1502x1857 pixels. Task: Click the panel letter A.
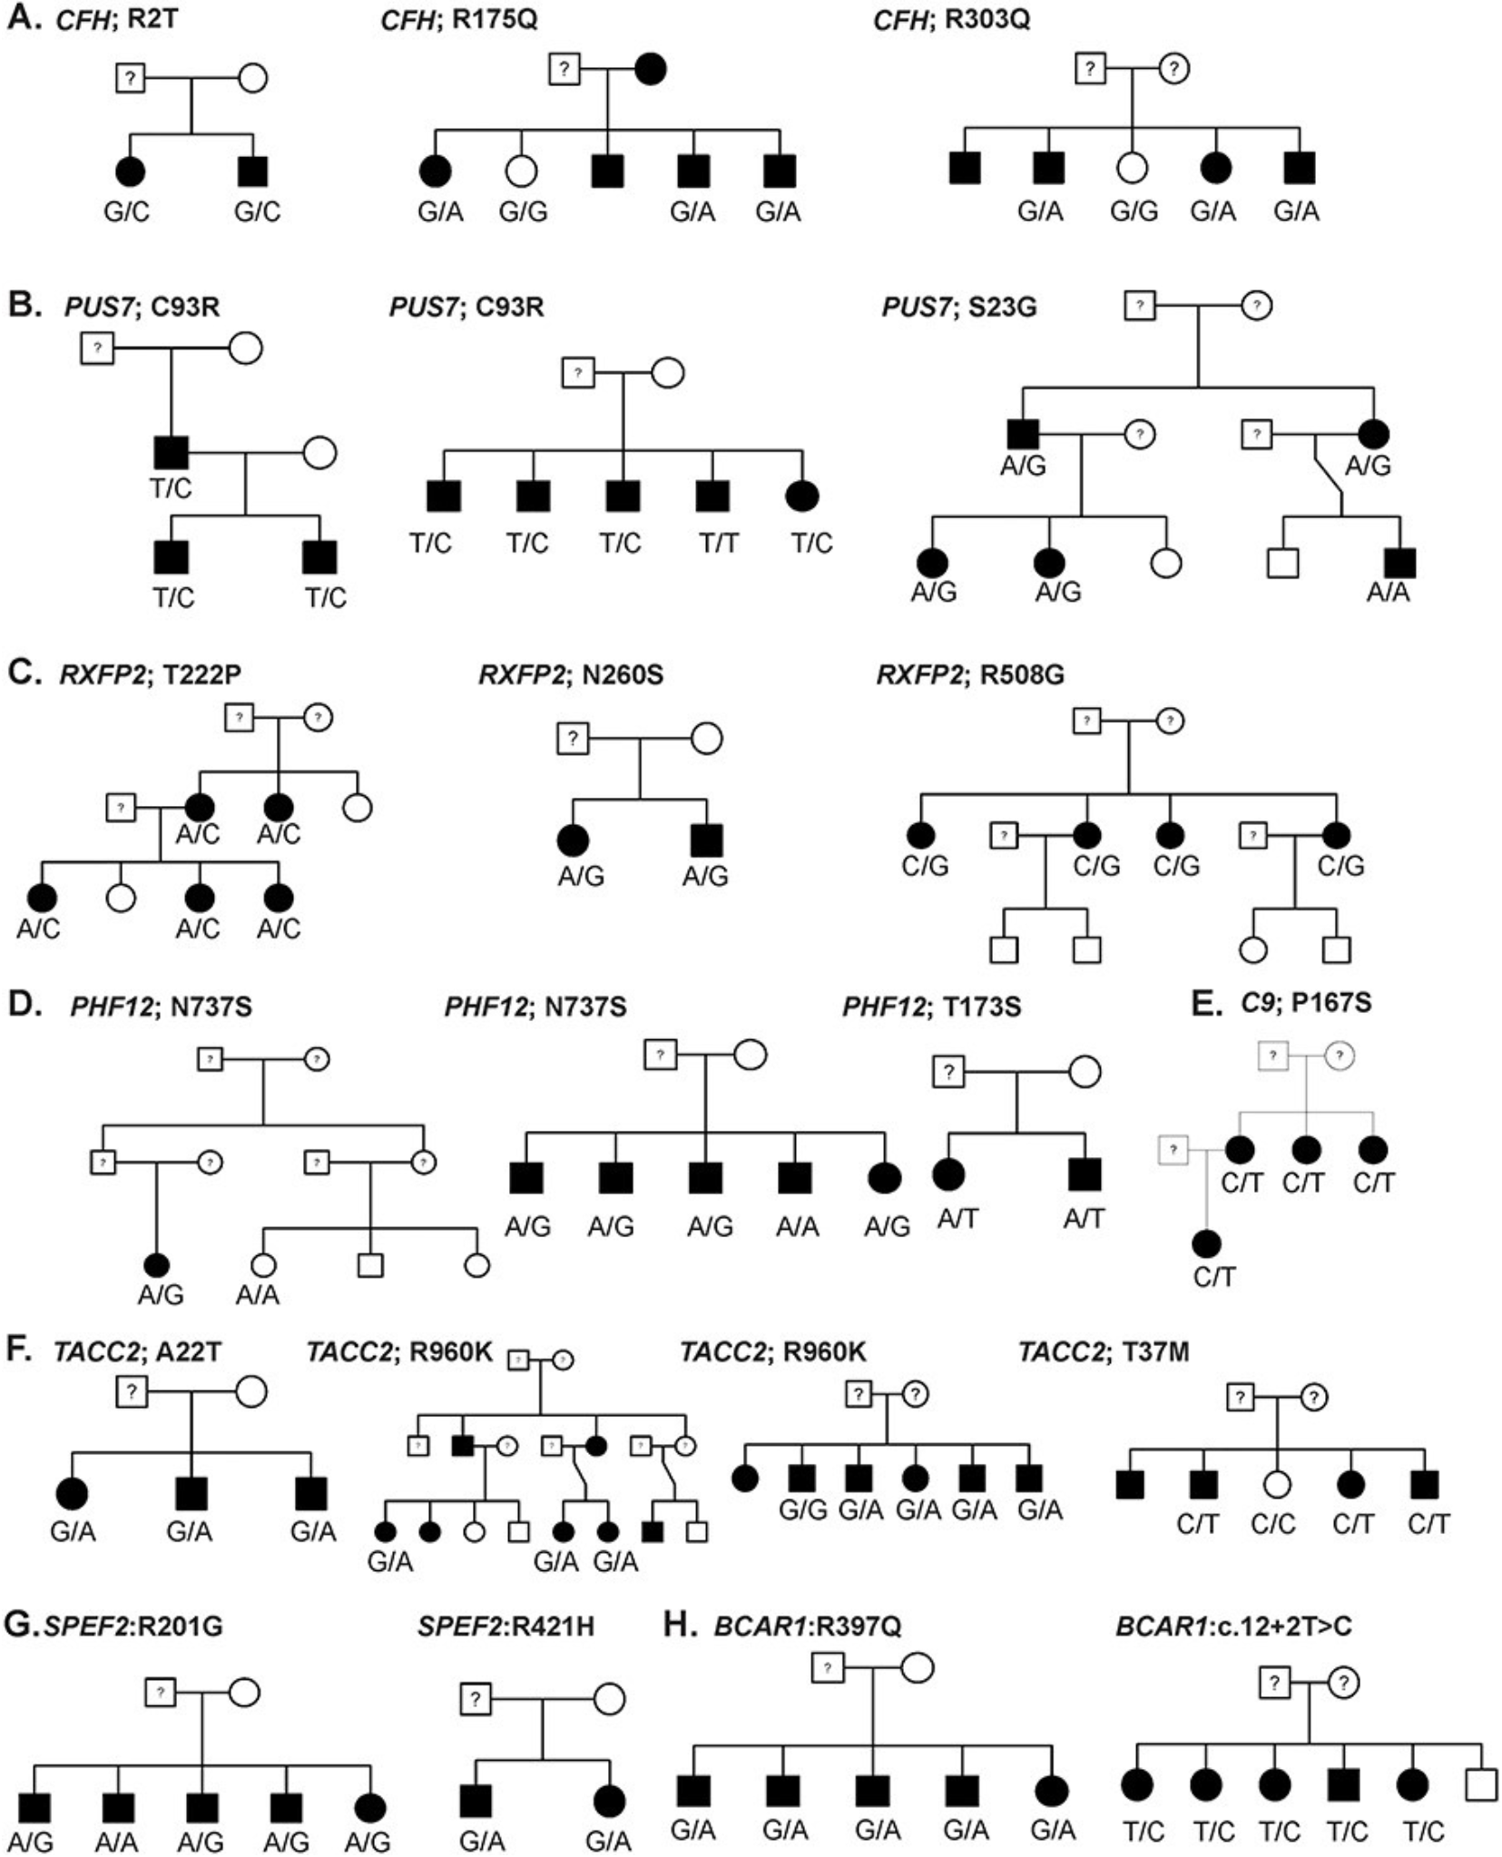coord(24,18)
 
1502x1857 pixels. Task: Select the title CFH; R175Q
coord(458,19)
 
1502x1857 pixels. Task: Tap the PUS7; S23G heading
coord(958,307)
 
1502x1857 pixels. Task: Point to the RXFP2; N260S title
coord(570,674)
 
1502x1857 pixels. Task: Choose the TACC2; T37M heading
coord(1103,1351)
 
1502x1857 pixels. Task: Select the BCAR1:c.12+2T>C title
coord(1233,1626)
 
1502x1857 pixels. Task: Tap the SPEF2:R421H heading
coord(506,1626)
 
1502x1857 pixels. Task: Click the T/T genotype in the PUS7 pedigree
coord(718,543)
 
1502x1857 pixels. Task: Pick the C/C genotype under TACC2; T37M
coord(1272,1524)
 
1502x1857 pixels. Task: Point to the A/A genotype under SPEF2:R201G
coord(117,1842)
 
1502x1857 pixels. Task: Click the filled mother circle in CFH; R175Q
coord(650,69)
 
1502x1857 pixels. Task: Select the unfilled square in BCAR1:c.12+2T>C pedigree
coord(1480,1785)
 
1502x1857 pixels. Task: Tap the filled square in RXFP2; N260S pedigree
coord(706,840)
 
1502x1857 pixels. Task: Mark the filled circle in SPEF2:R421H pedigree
coord(608,1801)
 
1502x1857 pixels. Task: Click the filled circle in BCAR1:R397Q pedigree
coord(1051,1790)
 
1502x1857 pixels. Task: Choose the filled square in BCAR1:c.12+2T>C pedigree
coord(1343,1784)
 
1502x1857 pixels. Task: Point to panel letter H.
coord(680,1625)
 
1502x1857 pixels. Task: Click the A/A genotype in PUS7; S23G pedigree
coord(1388,592)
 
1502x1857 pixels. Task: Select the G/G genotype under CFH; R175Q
coord(523,211)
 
